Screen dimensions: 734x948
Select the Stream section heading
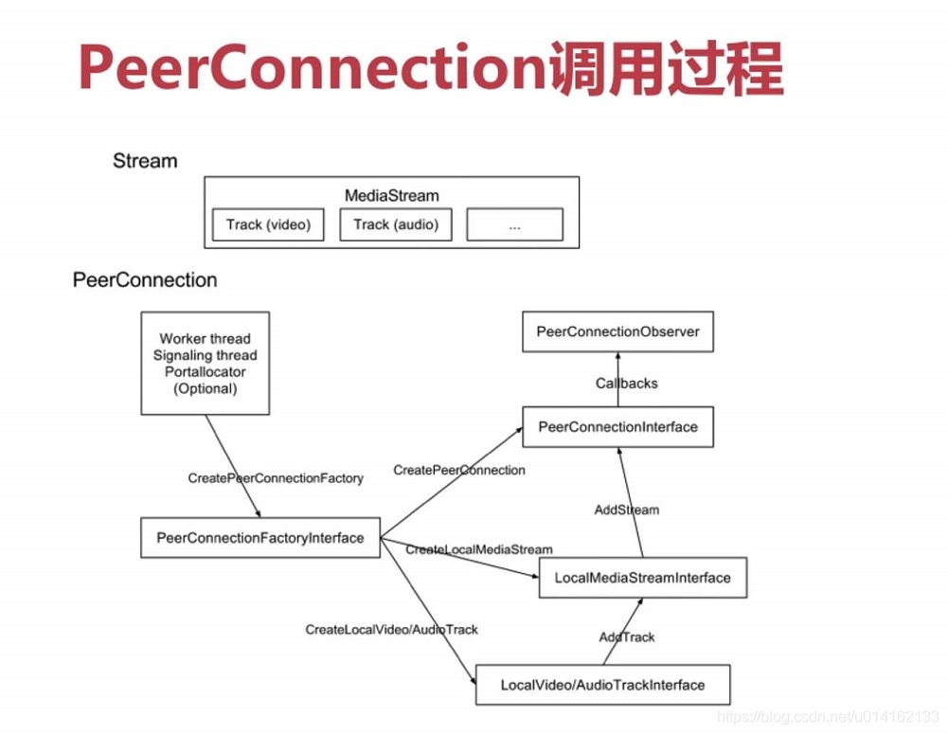tap(145, 161)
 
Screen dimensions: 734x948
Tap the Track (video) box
tap(268, 224)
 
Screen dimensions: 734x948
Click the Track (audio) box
tap(396, 224)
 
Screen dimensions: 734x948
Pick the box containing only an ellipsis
tap(514, 224)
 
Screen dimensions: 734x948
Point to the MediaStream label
tap(392, 196)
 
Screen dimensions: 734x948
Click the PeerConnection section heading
tap(145, 280)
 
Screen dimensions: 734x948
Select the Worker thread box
tap(206, 364)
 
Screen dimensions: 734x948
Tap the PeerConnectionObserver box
tap(617, 331)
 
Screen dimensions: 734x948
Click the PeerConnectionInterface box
tap(617, 427)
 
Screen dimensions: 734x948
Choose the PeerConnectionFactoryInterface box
tap(259, 538)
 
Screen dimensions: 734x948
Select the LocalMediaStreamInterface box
tap(643, 578)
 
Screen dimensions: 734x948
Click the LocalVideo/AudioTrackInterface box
tap(602, 685)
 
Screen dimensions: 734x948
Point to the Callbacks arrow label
tap(626, 384)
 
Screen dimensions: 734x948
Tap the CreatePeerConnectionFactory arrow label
tap(276, 478)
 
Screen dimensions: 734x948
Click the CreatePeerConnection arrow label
tap(459, 470)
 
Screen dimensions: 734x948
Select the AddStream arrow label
tap(626, 510)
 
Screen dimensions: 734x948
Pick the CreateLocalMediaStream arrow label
tap(479, 549)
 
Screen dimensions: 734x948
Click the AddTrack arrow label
tap(626, 637)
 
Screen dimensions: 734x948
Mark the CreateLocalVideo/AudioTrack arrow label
tap(391, 630)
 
